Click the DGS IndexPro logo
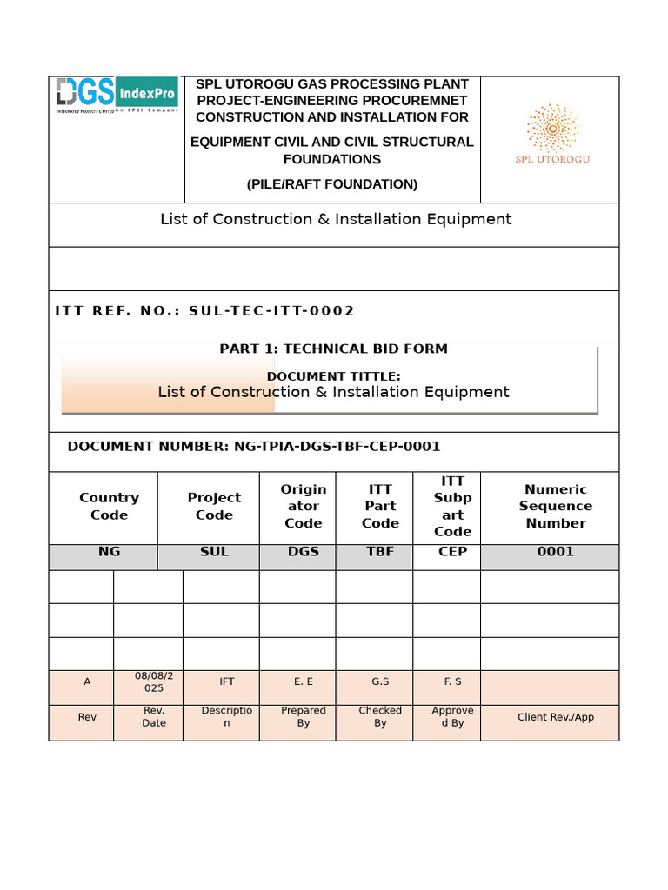[117, 95]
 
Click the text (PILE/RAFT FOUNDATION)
[331, 184]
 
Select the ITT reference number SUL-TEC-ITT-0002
[271, 311]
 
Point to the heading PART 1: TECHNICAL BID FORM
[333, 349]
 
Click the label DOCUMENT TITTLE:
[333, 376]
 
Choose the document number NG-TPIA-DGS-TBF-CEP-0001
[337, 447]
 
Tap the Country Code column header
[109, 506]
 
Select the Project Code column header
[214, 506]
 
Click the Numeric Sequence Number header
[555, 506]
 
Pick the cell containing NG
[109, 552]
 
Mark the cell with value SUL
[214, 552]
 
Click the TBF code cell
[380, 552]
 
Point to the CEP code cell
[452, 552]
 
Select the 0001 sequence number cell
[555, 552]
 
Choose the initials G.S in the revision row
[380, 682]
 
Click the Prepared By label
[303, 717]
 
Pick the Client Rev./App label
[555, 717]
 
